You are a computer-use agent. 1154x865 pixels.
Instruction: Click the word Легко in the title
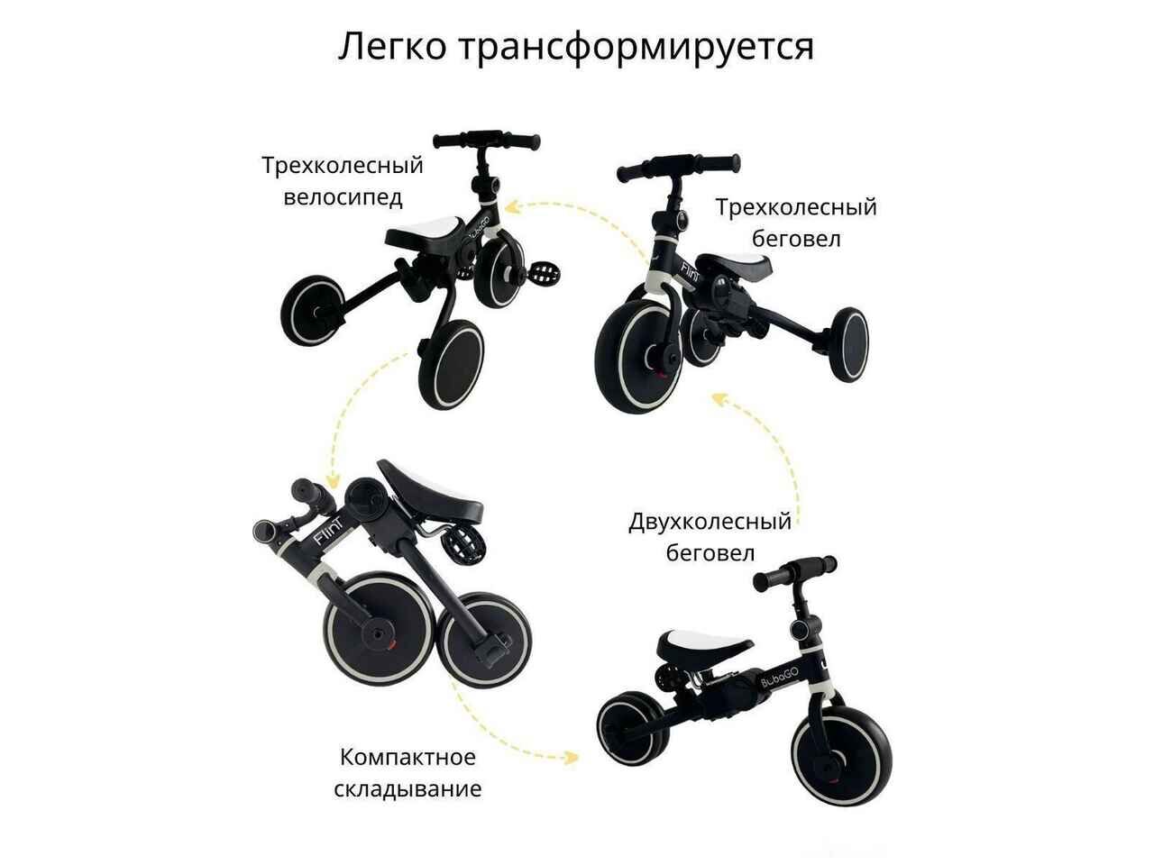pos(392,46)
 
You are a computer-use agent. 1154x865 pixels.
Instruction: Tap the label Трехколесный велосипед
pos(343,181)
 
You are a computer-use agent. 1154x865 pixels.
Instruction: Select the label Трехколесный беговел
pos(796,223)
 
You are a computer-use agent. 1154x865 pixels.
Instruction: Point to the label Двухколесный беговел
pos(710,537)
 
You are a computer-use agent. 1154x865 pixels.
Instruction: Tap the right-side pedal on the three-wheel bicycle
pos(545,274)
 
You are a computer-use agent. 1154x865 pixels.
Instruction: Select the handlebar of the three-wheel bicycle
pos(486,141)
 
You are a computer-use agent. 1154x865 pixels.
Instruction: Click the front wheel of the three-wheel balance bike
pos(638,356)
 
